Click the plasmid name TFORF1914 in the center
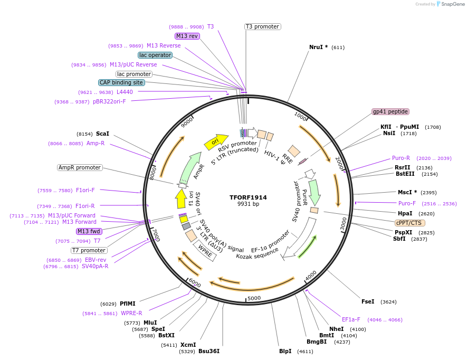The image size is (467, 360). [x=248, y=197]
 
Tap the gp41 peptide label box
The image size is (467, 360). [x=390, y=111]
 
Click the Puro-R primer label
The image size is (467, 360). [x=401, y=158]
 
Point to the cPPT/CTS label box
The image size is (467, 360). [x=408, y=223]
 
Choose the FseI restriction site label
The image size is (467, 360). [x=368, y=301]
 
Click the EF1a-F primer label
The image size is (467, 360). [x=351, y=319]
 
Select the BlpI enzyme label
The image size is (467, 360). [x=285, y=351]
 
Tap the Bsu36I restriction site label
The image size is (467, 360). [x=209, y=351]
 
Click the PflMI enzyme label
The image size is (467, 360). [x=128, y=304]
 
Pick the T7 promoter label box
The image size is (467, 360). [x=89, y=250]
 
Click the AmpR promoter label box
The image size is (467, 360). [x=80, y=167]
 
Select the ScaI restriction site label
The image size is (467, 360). [x=102, y=134]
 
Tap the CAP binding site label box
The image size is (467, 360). [x=121, y=82]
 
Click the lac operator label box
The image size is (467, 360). [x=155, y=55]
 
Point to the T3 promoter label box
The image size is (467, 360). [x=263, y=26]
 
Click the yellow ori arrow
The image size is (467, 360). [x=215, y=141]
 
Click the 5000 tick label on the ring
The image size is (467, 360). [x=254, y=298]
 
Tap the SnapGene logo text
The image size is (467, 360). [x=453, y=4]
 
